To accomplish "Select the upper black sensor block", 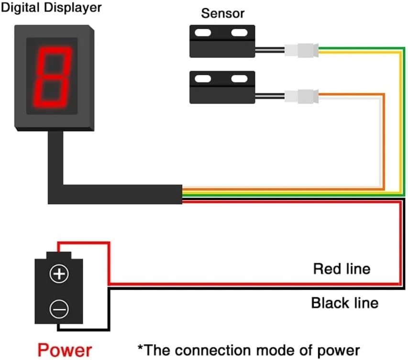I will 221,41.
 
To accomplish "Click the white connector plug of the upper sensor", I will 301,50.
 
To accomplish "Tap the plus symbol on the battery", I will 59,274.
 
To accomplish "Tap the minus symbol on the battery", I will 59,309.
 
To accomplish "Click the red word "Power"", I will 65,350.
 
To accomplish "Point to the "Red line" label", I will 342,269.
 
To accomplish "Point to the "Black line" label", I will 344,303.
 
